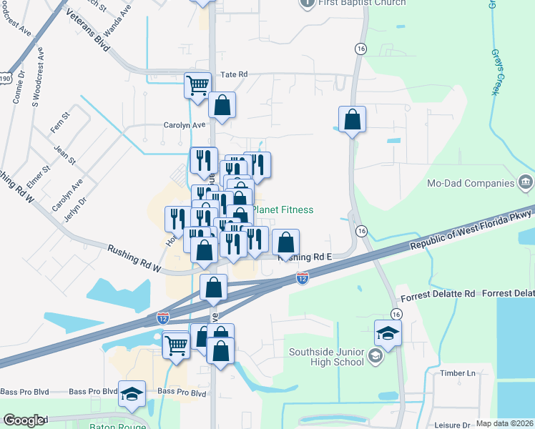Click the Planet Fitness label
283,209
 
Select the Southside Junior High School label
327,357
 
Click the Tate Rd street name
234,74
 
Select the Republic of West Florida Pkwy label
470,227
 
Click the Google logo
24,420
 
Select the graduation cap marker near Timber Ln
388,333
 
